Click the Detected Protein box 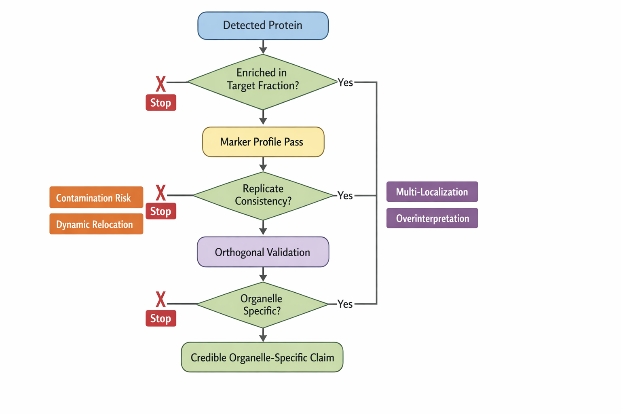point(263,25)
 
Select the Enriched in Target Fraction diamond point(263,82)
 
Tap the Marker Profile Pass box point(263,142)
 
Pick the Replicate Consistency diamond point(263,196)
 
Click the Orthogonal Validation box point(263,252)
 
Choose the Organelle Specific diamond point(262,305)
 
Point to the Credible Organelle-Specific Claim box point(262,357)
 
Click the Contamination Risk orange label point(96,197)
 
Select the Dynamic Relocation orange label point(96,224)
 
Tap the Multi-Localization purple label point(432,192)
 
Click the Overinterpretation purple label point(432,218)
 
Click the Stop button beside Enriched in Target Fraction point(161,103)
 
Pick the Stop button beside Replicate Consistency point(161,211)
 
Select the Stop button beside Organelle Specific point(161,318)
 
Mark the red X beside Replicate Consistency point(161,192)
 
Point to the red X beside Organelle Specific point(161,299)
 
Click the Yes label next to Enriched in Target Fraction point(345,82)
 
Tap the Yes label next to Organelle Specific point(345,304)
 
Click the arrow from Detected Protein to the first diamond point(263,47)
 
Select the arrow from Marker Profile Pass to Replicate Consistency point(263,164)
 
